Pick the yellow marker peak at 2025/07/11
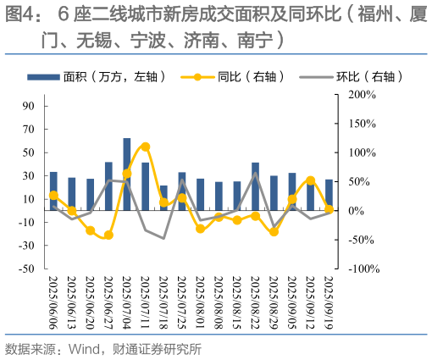pos(146,147)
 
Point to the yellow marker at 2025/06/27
pos(108,235)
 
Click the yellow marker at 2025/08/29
pos(274,231)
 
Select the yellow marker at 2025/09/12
pos(311,180)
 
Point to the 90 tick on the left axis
pos(29,106)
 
